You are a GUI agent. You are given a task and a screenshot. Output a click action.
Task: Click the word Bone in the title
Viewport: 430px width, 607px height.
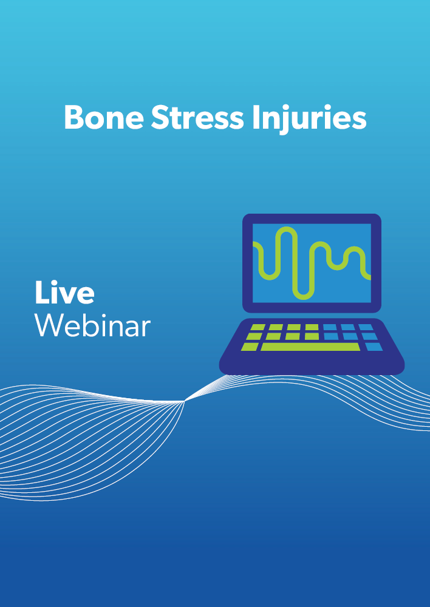[104, 117]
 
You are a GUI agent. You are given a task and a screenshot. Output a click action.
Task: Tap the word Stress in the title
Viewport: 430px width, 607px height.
[197, 117]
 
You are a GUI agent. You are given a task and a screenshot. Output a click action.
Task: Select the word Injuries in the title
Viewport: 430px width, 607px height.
[309, 120]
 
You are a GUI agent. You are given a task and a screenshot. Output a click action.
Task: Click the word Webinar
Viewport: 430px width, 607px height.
[92, 325]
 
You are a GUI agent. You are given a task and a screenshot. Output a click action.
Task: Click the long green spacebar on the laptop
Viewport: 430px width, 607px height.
[310, 347]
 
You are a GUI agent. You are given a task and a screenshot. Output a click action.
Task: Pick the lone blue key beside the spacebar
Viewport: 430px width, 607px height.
[374, 347]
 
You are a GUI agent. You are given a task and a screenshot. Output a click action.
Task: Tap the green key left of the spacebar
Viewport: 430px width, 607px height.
[250, 347]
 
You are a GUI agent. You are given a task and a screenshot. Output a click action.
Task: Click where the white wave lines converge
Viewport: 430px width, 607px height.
[184, 401]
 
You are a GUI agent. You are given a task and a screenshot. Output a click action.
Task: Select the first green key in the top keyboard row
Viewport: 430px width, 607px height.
[258, 327]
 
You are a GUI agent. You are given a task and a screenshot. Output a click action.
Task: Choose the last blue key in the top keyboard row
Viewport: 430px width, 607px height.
[365, 327]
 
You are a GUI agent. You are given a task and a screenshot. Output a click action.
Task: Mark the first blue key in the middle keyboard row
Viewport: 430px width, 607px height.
[331, 336]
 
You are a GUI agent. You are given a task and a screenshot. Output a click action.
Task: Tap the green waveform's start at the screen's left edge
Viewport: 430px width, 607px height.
[255, 244]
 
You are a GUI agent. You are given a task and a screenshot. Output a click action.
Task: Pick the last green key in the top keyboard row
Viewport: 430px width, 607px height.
[312, 327]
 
